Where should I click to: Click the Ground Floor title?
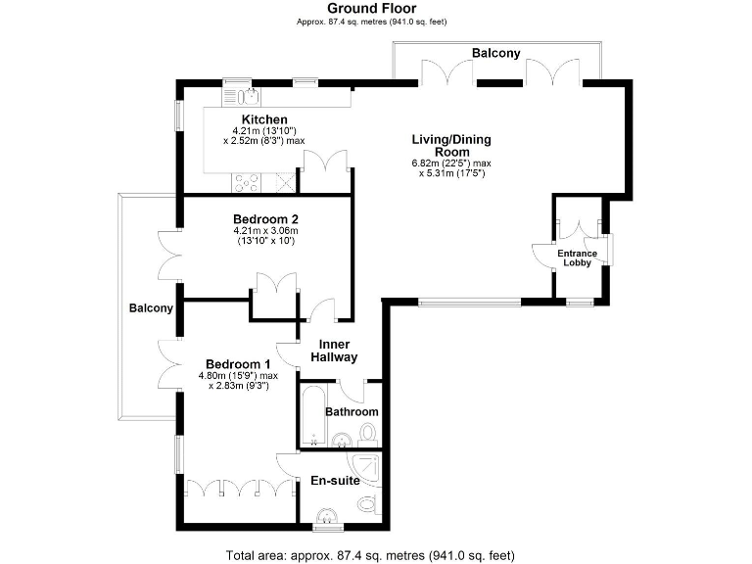(x=376, y=9)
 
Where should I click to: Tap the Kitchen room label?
(x=258, y=119)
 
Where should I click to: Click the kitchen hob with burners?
(x=246, y=182)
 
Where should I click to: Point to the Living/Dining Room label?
(x=451, y=146)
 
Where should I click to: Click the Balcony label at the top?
(x=495, y=53)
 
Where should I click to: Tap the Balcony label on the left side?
(x=151, y=308)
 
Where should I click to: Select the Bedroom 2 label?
(x=265, y=218)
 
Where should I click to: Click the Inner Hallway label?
(x=332, y=352)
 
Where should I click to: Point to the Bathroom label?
(x=352, y=412)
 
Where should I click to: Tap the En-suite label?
(x=335, y=481)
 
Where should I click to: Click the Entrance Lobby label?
(x=577, y=259)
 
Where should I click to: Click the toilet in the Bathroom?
(x=368, y=432)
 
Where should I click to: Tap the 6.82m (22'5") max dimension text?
(x=451, y=163)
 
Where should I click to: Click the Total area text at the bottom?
(x=370, y=555)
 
